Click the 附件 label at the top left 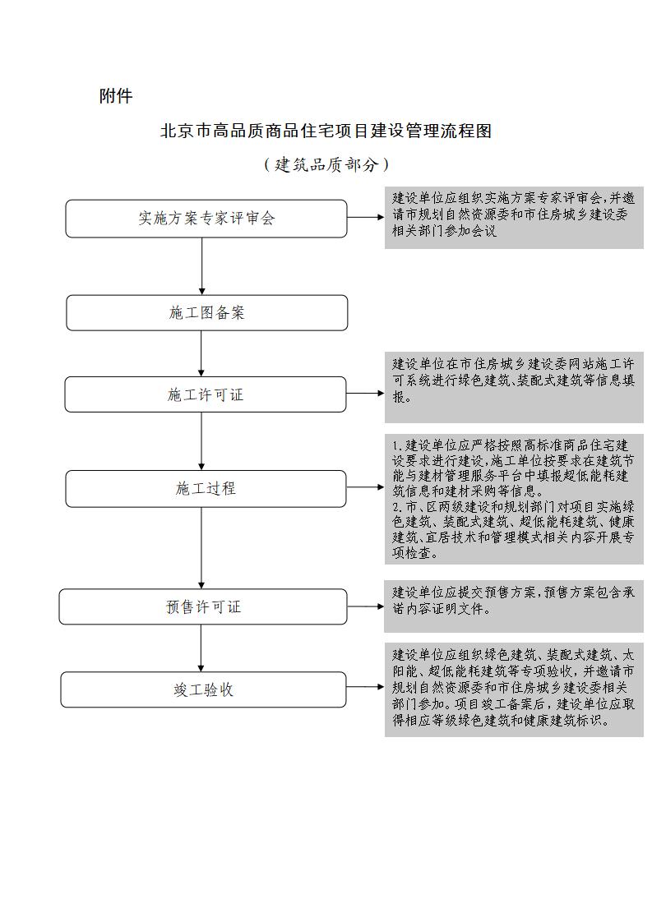tap(116, 96)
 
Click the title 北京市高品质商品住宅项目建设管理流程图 tap(326, 131)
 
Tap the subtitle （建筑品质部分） tap(326, 164)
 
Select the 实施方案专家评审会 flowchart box tap(206, 219)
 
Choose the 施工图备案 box tap(206, 313)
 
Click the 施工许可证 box tap(206, 394)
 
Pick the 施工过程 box tap(206, 489)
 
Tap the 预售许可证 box tap(204, 606)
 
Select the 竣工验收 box tap(204, 689)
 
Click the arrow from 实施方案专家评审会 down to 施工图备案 tap(201, 266)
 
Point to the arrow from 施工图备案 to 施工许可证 tap(201, 354)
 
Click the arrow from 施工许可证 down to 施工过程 tap(201, 441)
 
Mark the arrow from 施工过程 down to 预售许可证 tap(201, 548)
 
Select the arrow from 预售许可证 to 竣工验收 tap(201, 648)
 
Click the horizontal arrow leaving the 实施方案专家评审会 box tap(365, 217)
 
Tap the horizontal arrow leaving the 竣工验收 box tap(365, 687)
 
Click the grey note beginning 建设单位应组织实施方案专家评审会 tap(514, 218)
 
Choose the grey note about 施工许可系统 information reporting tap(514, 388)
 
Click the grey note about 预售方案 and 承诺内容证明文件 tap(514, 606)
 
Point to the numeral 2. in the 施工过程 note tap(396, 507)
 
